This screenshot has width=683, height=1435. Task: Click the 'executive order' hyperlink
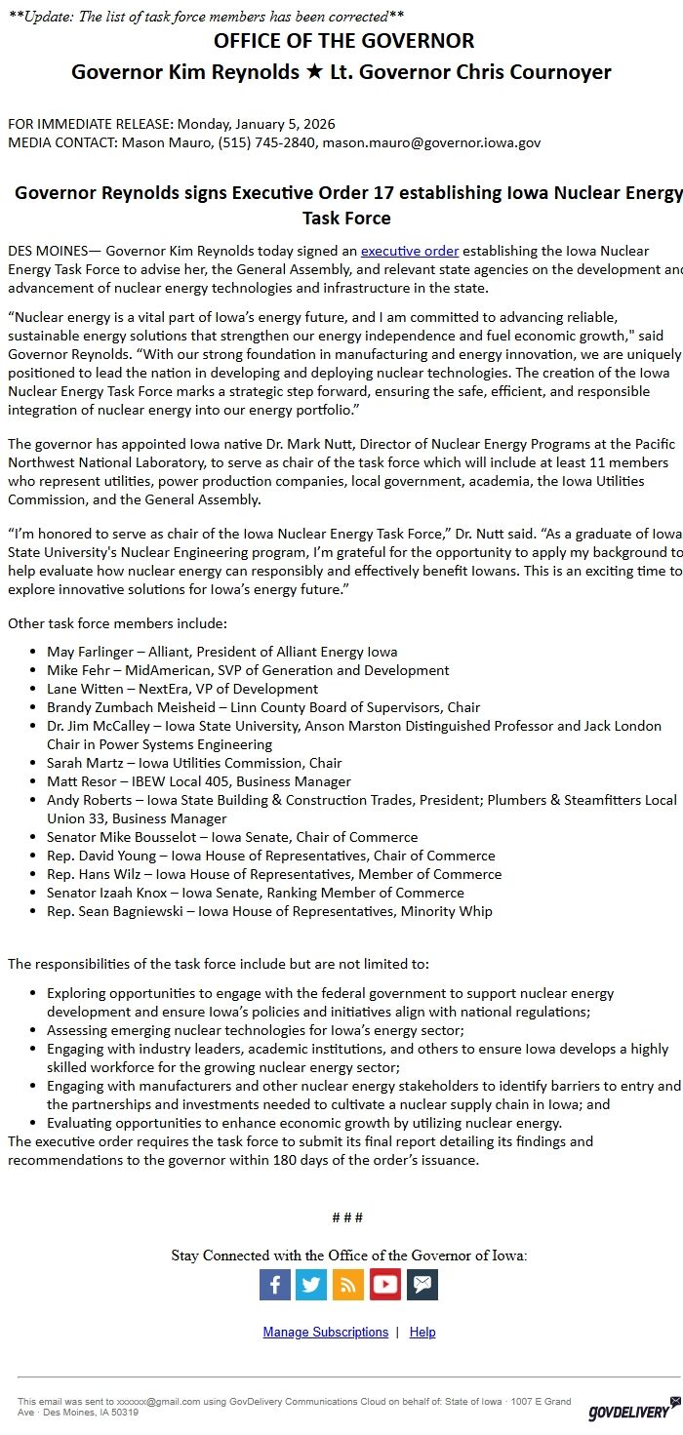410,251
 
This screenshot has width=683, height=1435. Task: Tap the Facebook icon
275,1284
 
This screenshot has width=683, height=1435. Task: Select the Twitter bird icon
311,1284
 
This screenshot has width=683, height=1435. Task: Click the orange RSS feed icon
348,1284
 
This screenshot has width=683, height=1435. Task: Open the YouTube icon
385,1284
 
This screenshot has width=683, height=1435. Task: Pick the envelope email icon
422,1284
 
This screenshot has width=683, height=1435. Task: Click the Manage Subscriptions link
325,1332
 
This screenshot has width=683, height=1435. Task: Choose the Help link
422,1332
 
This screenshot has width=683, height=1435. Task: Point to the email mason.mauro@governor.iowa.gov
431,142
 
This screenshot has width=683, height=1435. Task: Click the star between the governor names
311,72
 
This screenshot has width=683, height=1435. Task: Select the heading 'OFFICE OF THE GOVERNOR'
344,41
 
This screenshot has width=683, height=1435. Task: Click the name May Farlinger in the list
88,652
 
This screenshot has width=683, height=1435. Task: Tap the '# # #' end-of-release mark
347,1217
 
